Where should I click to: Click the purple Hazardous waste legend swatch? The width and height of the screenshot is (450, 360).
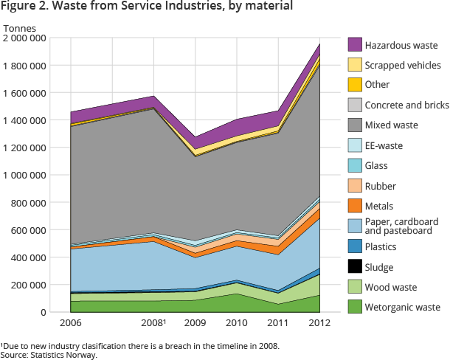pyautogui.click(x=354, y=44)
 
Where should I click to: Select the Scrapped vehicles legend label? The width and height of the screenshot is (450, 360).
pyautogui.click(x=403, y=65)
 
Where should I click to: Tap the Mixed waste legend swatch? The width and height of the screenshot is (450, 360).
pyautogui.click(x=354, y=125)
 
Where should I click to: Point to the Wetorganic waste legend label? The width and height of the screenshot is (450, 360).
pyautogui.click(x=403, y=308)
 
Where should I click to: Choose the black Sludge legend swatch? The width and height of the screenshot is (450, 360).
pyautogui.click(x=354, y=267)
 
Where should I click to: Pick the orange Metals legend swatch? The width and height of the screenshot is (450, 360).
pyautogui.click(x=354, y=207)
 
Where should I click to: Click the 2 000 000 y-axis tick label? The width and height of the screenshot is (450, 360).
pyautogui.click(x=24, y=38)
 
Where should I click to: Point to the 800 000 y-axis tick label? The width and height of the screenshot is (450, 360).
pyautogui.click(x=29, y=203)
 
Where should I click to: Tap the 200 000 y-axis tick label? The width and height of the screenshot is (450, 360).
pyautogui.click(x=29, y=285)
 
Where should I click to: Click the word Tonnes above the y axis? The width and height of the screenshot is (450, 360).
pyautogui.click(x=19, y=28)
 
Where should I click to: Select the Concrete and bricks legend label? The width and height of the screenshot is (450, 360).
pyautogui.click(x=407, y=105)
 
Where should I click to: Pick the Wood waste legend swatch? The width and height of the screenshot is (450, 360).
pyautogui.click(x=354, y=288)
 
